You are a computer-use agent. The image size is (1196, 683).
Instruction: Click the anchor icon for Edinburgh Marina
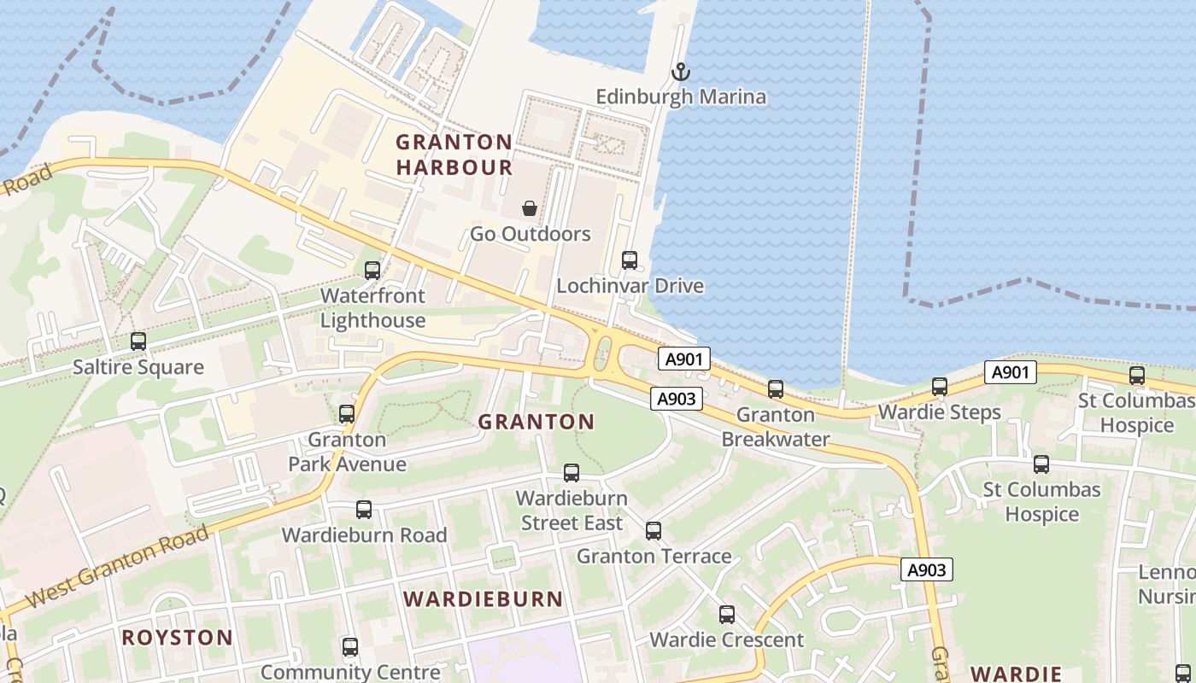pos(680,72)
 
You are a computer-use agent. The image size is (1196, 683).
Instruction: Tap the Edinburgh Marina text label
pos(681,96)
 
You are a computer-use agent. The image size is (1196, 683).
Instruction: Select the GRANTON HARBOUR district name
pos(454,155)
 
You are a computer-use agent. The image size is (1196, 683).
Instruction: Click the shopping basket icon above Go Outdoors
pos(530,208)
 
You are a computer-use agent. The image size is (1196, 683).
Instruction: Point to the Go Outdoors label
pos(530,234)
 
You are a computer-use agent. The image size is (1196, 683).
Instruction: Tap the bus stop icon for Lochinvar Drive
pos(630,260)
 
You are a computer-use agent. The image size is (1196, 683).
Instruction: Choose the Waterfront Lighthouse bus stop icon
pos(372,271)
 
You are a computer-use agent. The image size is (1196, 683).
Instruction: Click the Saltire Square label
pos(138,367)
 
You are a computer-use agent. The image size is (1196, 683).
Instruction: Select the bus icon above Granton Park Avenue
pos(347,414)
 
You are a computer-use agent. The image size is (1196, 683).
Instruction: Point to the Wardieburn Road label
pos(364,535)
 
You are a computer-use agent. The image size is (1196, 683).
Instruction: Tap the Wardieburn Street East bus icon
pos(572,473)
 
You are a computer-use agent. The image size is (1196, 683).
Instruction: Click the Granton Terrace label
pos(654,557)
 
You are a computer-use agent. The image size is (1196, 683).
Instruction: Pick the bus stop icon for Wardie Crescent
pos(727,615)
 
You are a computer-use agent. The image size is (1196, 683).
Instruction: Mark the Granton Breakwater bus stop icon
pos(776,389)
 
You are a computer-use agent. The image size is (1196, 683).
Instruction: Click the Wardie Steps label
pos(939,412)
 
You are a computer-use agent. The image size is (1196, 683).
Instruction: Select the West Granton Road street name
pos(117,568)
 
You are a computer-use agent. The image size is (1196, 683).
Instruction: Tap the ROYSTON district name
pos(177,637)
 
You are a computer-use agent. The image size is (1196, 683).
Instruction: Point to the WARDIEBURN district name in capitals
pos(483,598)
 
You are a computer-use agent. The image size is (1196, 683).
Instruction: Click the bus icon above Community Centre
pos(350,647)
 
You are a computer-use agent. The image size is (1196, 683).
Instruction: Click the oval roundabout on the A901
pos(603,353)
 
